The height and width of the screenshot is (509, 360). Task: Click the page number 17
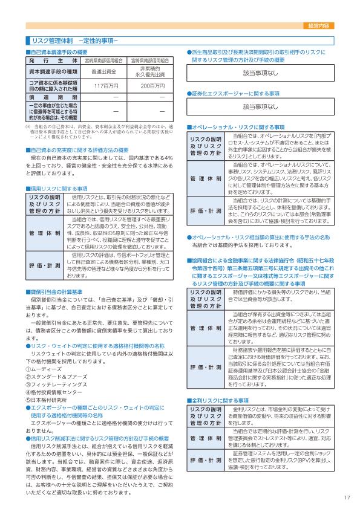347,498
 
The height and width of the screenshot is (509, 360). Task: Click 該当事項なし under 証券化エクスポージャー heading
260,106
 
